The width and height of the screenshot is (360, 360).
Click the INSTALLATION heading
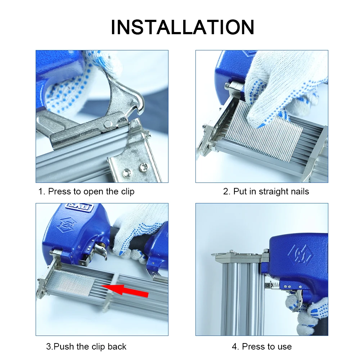point(183,27)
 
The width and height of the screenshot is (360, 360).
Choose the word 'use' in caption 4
point(284,347)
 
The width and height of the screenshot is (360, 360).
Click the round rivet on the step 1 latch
point(108,124)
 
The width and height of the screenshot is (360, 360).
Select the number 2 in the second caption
point(226,192)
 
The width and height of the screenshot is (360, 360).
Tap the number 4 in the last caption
point(235,347)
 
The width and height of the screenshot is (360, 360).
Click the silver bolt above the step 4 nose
point(266,251)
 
